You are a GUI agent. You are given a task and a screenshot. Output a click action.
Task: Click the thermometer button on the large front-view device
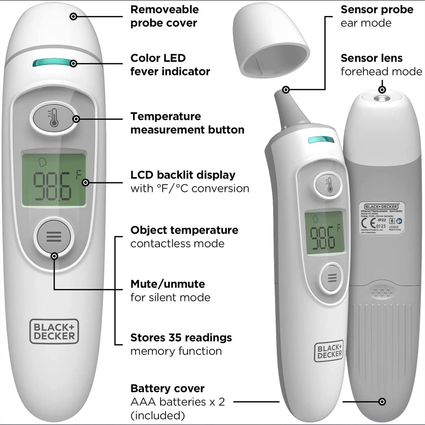tap(54, 119)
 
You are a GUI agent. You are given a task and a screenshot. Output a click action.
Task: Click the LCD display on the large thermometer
tap(54, 179)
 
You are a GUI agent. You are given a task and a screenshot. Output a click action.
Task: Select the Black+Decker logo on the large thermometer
tap(54, 331)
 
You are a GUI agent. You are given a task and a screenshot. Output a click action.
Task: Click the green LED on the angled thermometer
tap(321, 140)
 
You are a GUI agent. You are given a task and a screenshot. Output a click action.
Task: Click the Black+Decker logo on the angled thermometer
tap(329, 351)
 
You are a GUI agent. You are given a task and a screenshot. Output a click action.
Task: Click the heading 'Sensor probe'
tap(377, 10)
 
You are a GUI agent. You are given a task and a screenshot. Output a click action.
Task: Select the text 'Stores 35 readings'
tap(181, 338)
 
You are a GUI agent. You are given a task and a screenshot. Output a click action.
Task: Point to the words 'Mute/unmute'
tap(168, 284)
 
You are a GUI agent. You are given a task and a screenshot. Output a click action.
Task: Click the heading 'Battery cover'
tap(167, 389)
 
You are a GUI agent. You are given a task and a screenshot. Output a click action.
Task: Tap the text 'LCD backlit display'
tap(183, 175)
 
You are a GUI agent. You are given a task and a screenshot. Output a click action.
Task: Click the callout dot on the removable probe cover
tap(73, 16)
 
